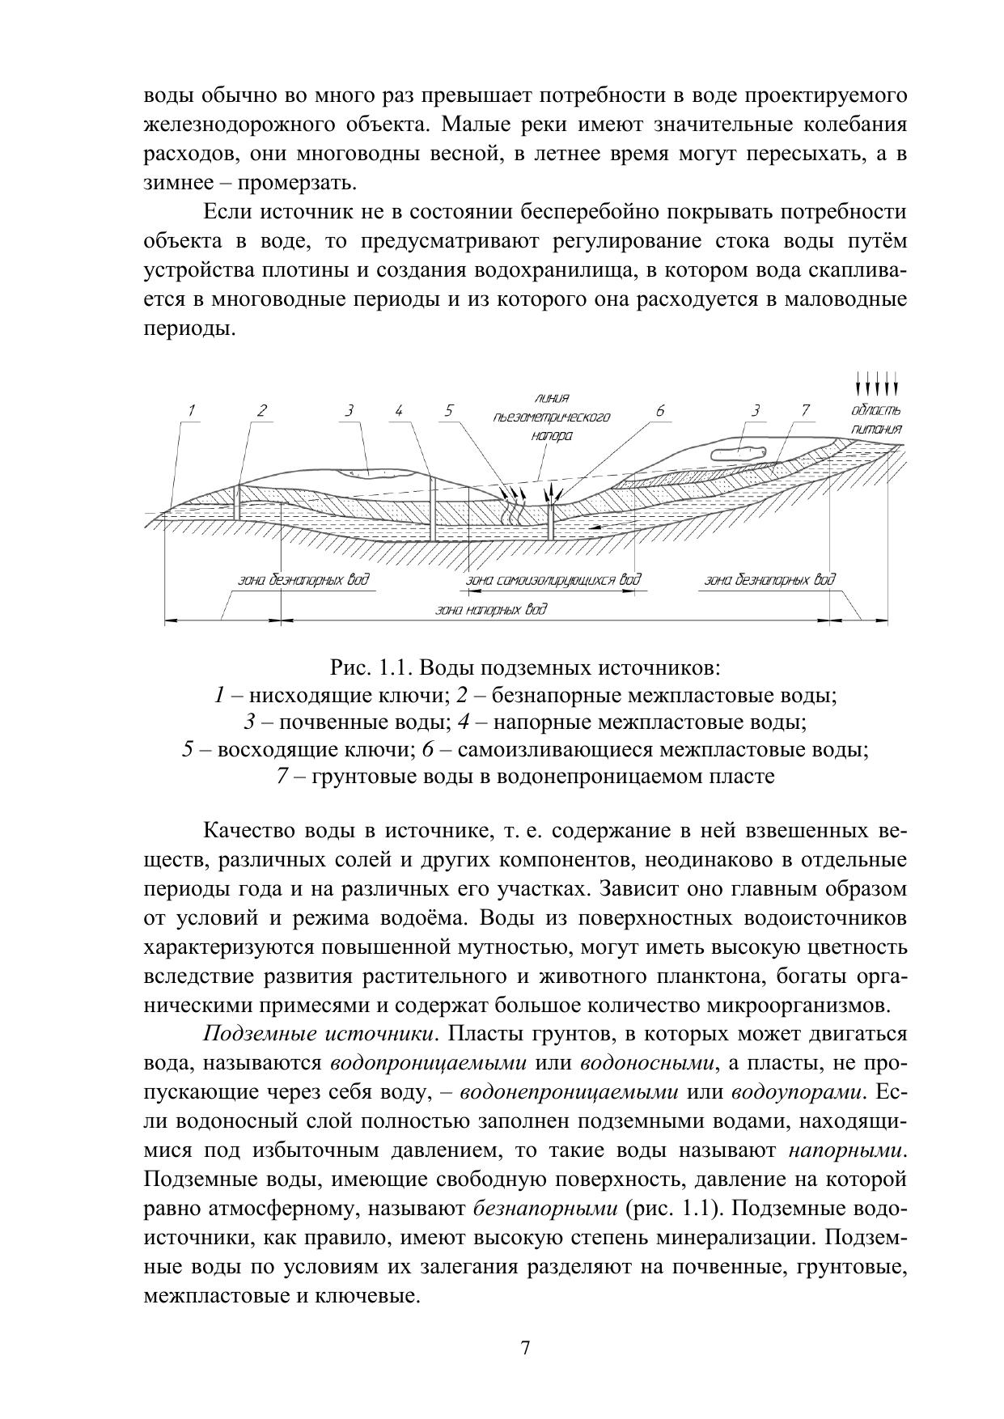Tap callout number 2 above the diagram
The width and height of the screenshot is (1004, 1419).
[x=261, y=410]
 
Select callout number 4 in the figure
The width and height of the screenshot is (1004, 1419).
[x=399, y=410]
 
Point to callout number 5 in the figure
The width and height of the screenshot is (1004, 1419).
[x=449, y=410]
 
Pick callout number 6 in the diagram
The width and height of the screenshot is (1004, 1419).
[x=660, y=410]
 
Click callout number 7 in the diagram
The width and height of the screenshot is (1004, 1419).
[x=805, y=410]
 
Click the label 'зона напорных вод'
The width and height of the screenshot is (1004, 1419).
[x=491, y=609]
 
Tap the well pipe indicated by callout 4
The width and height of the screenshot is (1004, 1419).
[x=434, y=510]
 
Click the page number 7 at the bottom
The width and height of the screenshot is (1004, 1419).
[x=525, y=1349]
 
